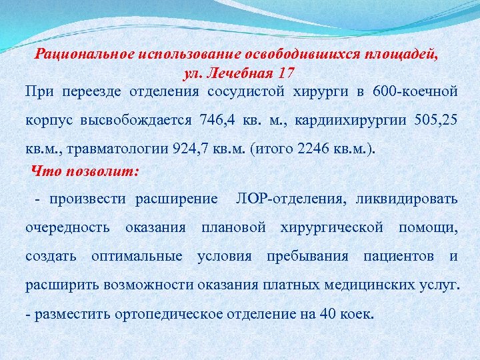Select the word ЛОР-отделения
[288, 199]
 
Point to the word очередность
[67, 227]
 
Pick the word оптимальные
[137, 256]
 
